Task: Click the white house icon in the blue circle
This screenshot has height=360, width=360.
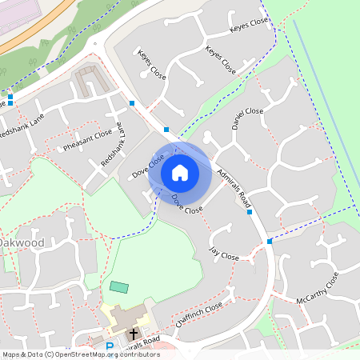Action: (180, 172)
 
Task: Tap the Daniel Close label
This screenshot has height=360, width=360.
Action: (247, 119)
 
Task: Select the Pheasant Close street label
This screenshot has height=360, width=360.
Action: (88, 139)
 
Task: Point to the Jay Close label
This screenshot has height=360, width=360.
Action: (224, 255)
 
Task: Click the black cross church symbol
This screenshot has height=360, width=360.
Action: (134, 332)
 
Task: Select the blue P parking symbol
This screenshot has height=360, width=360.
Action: (110, 346)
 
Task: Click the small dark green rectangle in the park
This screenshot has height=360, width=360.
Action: (118, 286)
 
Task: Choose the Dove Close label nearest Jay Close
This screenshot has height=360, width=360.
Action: (187, 203)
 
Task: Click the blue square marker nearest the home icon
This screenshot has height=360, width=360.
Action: (166, 130)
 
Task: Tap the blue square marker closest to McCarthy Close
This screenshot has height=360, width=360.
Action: (270, 241)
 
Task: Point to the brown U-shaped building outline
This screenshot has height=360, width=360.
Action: (89, 79)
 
